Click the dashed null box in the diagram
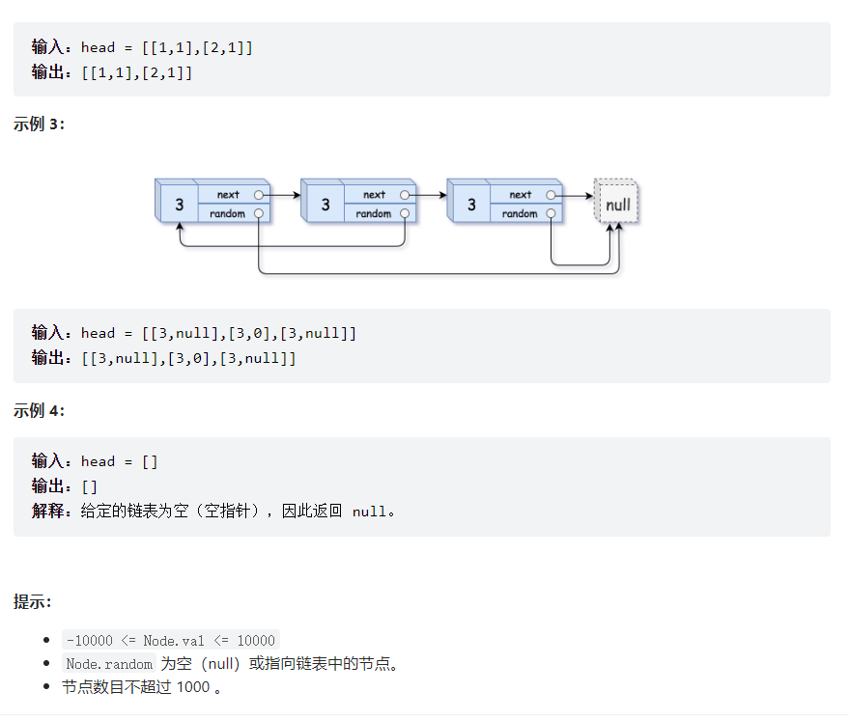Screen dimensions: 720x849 click(617, 205)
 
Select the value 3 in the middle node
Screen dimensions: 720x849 click(325, 205)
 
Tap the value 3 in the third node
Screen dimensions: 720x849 click(471, 205)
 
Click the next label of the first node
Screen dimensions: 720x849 click(228, 195)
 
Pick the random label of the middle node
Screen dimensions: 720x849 click(373, 213)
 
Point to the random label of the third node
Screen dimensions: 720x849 click(519, 213)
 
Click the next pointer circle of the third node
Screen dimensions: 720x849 click(551, 195)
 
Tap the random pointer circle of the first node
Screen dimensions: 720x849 click(259, 213)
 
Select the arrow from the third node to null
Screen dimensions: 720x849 click(575, 195)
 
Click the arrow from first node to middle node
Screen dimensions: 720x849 click(282, 195)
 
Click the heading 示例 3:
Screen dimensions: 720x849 click(40, 125)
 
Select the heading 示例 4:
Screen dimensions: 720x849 click(40, 410)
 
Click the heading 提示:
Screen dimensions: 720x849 click(33, 601)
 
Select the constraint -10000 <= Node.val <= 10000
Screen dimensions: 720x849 click(170, 640)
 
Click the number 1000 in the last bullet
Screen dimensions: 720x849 click(193, 687)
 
